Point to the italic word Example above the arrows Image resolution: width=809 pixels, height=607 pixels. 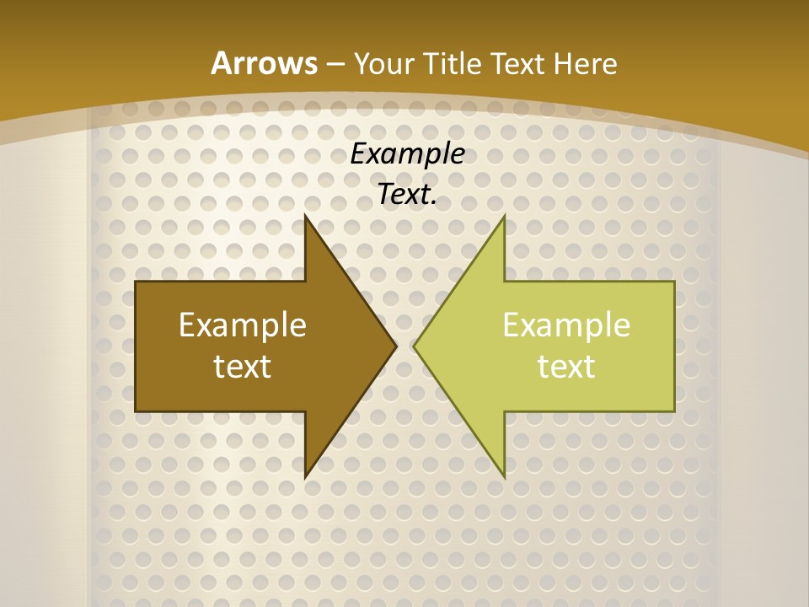tap(407, 154)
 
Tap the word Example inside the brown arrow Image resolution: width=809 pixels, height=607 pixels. tap(243, 325)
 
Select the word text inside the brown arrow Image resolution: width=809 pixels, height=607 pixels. tap(243, 366)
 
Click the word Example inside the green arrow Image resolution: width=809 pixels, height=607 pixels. tap(566, 325)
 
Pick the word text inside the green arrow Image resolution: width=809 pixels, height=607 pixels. tap(566, 366)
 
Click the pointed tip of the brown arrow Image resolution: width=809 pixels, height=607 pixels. tap(395, 346)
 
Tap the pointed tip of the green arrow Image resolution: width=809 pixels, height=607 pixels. tap(415, 346)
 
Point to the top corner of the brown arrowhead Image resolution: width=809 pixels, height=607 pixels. tap(305, 216)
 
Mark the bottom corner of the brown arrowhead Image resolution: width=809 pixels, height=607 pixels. tap(305, 477)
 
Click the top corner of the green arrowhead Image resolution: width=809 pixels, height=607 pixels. tap(504, 216)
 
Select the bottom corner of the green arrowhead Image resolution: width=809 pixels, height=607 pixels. tap(504, 477)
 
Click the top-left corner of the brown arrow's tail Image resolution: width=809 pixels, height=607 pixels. tap(136, 282)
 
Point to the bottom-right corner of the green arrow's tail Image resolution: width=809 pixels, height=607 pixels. tap(674, 411)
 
